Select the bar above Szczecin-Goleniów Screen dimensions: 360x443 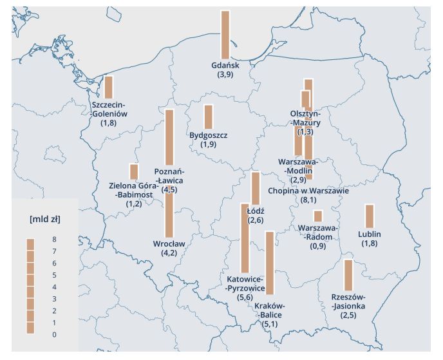(109, 87)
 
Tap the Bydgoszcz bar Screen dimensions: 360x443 (208, 117)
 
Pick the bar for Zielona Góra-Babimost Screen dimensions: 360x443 (134, 171)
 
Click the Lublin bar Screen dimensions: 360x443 (370, 216)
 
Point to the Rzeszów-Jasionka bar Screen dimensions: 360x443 (348, 275)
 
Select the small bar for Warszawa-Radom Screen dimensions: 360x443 (317, 216)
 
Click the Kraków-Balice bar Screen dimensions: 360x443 (270, 263)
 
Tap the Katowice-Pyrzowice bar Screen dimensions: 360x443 (245, 238)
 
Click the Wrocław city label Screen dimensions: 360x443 (169, 243)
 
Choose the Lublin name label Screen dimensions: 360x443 (370, 234)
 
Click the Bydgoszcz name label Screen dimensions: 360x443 (209, 135)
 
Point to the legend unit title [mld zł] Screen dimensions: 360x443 (44, 218)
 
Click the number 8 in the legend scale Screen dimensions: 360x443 (55, 239)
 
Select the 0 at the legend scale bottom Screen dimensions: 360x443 (55, 334)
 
